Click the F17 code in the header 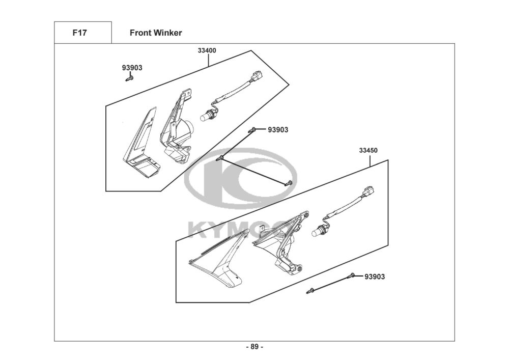pos(79,33)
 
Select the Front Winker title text pos(156,33)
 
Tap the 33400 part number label pos(207,50)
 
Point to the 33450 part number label pos(368,150)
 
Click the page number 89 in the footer pos(254,347)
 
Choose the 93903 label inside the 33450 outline pos(375,276)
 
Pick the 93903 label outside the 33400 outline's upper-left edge pos(132,68)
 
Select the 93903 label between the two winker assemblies pos(278,130)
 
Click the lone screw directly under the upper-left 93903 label pos(129,78)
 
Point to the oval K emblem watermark pos(239,178)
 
